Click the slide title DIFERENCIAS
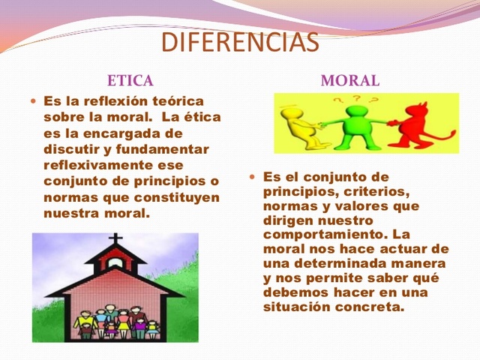pos(240,42)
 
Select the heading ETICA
pos(130,80)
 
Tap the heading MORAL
pos(349,80)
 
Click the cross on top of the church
pos(116,241)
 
